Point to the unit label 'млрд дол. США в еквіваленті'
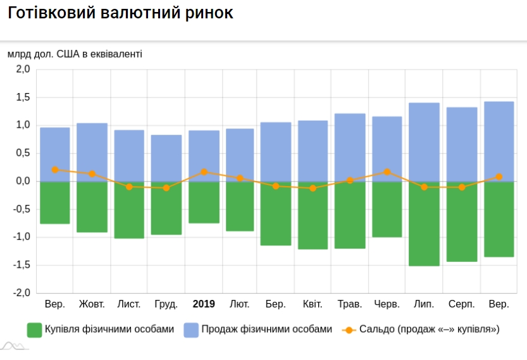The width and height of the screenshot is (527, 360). pyautogui.click(x=75, y=53)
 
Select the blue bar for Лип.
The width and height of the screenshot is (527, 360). pyautogui.click(x=424, y=142)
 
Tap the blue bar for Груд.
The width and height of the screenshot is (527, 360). pyautogui.click(x=166, y=158)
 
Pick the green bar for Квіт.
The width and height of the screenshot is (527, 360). pyautogui.click(x=313, y=215)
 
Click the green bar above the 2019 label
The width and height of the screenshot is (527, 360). pyautogui.click(x=204, y=202)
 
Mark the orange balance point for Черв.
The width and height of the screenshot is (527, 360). pyautogui.click(x=387, y=172)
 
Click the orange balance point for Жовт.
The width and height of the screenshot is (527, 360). pyautogui.click(x=92, y=173)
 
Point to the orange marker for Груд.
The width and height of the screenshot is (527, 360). pyautogui.click(x=166, y=188)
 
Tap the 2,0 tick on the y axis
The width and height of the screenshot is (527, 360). pyautogui.click(x=23, y=70)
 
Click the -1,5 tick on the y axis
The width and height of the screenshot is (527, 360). pyautogui.click(x=22, y=265)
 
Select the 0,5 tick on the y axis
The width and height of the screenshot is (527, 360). pyautogui.click(x=23, y=153)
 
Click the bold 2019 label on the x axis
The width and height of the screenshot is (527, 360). pyautogui.click(x=204, y=304)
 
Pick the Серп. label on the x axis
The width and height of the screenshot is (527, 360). pyautogui.click(x=461, y=304)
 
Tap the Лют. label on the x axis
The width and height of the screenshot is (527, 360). pyautogui.click(x=240, y=304)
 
